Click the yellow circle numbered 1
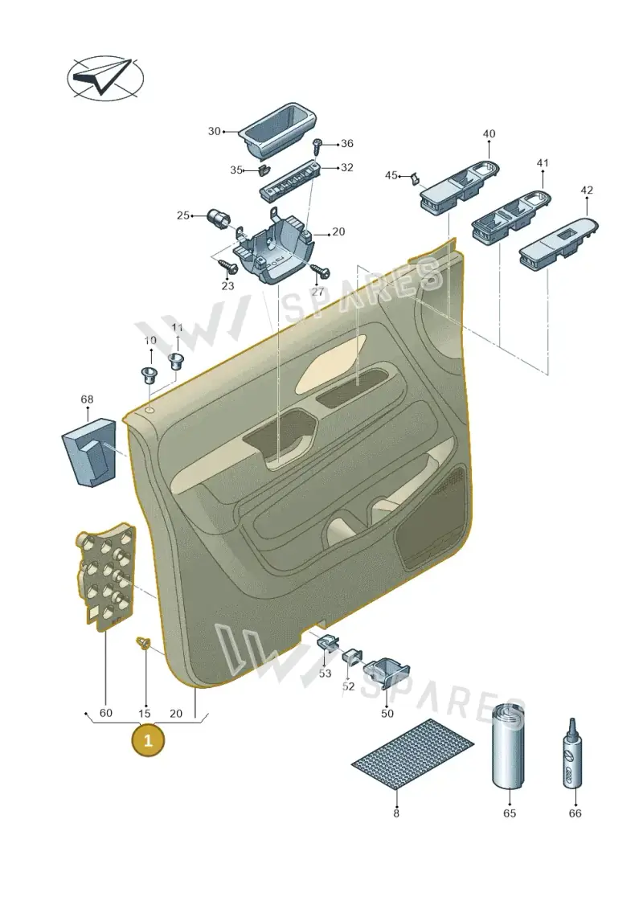pos(148,740)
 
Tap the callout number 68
pos(87,399)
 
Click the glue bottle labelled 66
pos(571,754)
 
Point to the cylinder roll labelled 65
pos(509,747)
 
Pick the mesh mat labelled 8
pos(413,754)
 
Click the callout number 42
pos(587,190)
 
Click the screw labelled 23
pos(227,266)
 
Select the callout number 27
pos(317,292)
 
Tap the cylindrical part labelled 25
pos(219,219)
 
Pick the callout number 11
pos(177,328)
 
